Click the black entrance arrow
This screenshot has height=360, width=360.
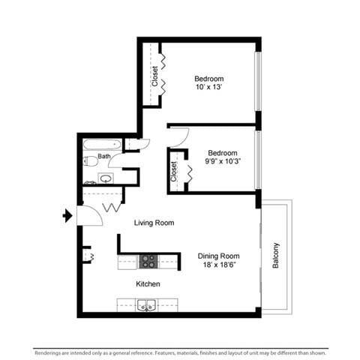(x=67, y=216)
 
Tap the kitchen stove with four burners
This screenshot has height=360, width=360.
(x=148, y=261)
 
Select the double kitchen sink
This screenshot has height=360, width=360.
(x=147, y=304)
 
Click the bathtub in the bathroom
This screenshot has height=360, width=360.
(x=102, y=144)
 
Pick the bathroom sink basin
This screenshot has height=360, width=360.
(x=106, y=178)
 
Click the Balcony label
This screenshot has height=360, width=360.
(x=277, y=255)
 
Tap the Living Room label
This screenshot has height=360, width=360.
(x=154, y=223)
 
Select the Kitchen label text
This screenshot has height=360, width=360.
(x=148, y=284)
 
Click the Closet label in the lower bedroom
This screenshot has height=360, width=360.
(x=174, y=172)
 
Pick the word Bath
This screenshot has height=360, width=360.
(x=103, y=157)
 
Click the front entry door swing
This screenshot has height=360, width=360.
(x=88, y=215)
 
